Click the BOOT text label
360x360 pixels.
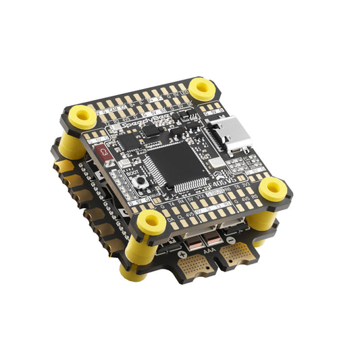(132, 172)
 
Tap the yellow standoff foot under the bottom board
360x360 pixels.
(132, 273)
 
